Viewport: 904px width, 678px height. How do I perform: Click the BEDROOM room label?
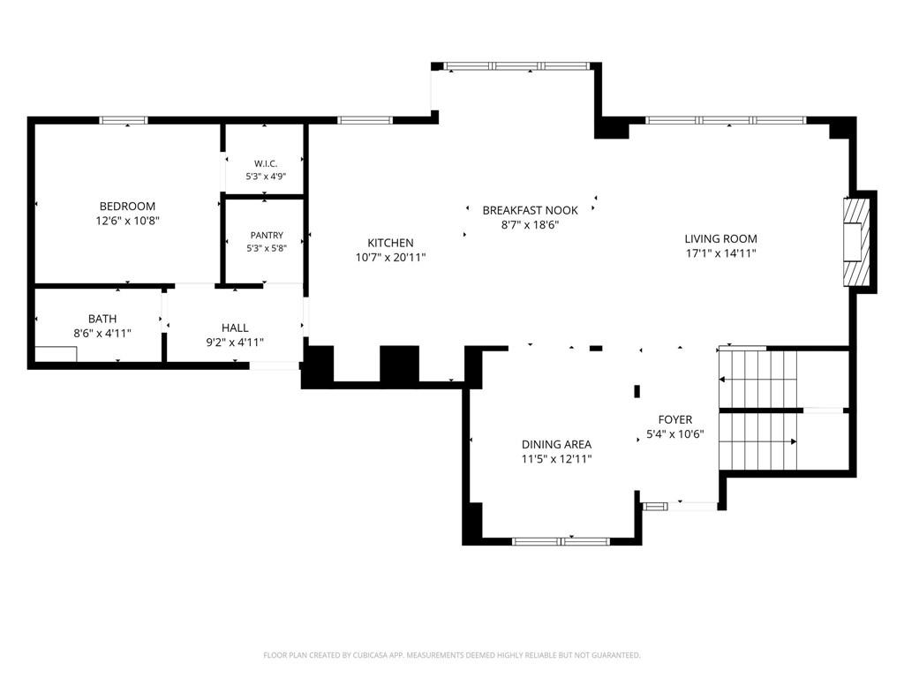tap(127, 207)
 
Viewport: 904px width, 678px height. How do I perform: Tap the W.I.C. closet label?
tap(266, 163)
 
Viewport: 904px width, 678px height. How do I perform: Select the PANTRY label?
tap(267, 235)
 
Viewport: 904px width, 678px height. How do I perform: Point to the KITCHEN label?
tap(390, 244)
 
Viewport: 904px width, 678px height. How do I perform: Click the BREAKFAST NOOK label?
tap(531, 210)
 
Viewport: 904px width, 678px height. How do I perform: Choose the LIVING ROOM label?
tap(720, 238)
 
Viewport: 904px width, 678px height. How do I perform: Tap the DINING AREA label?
tap(556, 445)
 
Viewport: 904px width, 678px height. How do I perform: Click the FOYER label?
tap(675, 419)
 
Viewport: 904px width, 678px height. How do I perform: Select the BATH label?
tap(102, 319)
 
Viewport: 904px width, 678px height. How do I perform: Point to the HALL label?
tap(235, 328)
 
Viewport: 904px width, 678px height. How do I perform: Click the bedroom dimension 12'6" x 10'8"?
tap(127, 221)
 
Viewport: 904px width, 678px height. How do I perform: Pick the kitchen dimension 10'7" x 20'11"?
tap(390, 258)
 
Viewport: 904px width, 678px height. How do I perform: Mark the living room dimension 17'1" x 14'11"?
tap(720, 253)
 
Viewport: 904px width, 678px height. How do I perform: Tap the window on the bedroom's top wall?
tap(124, 120)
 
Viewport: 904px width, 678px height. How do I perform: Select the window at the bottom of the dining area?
tap(561, 541)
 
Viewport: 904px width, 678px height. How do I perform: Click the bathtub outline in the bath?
tap(56, 354)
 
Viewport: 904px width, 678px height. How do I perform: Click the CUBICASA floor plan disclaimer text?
tap(452, 656)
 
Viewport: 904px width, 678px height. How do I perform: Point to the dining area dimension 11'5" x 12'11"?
tap(556, 459)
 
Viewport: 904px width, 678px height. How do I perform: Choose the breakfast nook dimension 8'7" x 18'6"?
tap(531, 225)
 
